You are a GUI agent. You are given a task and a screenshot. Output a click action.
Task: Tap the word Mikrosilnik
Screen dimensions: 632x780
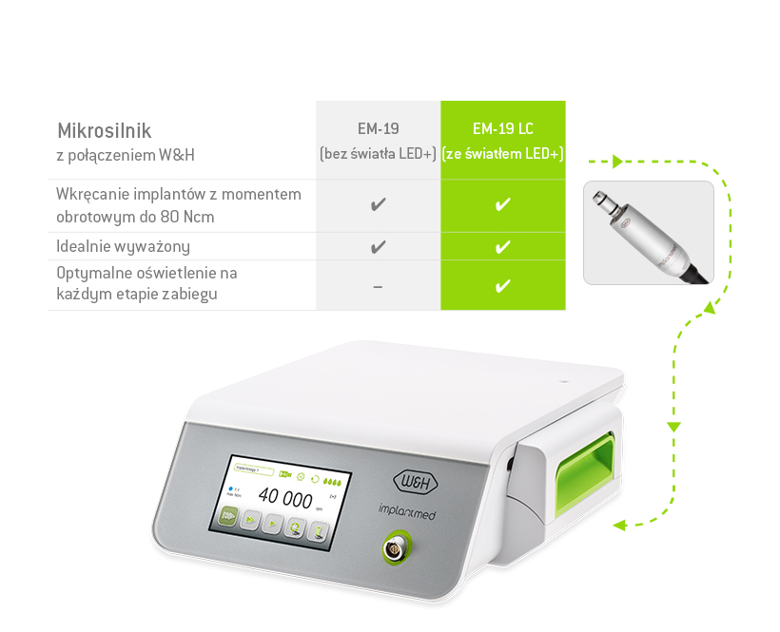[x=105, y=130]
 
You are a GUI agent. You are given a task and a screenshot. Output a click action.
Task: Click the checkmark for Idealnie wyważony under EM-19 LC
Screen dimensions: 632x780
[x=503, y=247]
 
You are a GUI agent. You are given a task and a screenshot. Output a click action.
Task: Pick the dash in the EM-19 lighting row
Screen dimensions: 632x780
[x=378, y=286]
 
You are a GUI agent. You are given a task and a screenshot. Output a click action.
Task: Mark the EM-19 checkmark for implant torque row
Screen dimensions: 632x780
[x=378, y=204]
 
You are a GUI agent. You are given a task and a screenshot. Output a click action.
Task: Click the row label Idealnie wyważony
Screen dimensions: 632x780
[x=124, y=247]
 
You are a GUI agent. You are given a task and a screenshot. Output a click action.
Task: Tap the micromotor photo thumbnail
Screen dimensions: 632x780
[x=648, y=233]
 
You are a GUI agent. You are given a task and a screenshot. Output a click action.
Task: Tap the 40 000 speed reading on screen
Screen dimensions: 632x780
[x=285, y=498]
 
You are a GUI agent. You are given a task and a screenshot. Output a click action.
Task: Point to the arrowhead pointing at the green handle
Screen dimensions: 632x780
[x=618, y=524]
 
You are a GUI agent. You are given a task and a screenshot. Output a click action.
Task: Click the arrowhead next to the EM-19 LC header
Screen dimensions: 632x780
[x=614, y=161]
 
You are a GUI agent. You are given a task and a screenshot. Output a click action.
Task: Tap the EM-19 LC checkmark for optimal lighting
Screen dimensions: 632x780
[x=503, y=286]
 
